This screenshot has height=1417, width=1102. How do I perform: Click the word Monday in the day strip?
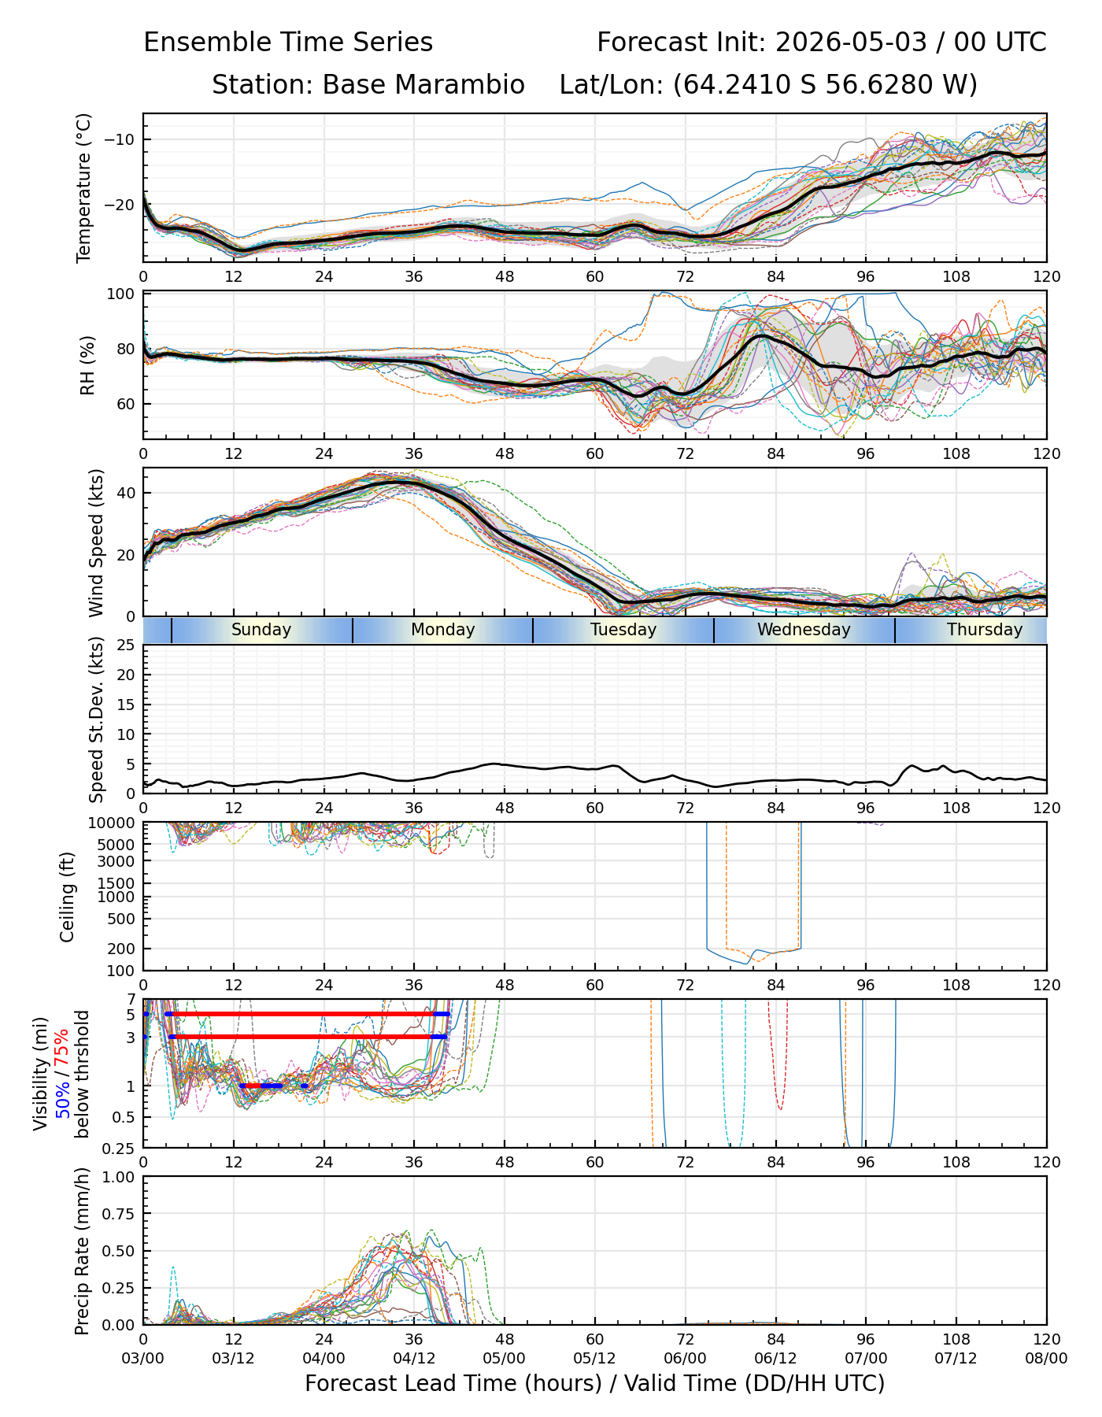pos(443,630)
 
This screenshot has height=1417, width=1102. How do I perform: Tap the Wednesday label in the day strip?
pos(804,630)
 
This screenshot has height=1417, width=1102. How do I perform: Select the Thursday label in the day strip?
pos(985,630)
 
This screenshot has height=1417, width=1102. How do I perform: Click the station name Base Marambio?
pos(423,84)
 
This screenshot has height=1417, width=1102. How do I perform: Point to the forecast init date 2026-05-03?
pos(851,42)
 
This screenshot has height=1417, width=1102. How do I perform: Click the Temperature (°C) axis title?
pos(84,187)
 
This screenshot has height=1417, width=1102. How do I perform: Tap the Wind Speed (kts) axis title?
pos(96,543)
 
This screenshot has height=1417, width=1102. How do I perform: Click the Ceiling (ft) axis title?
pos(68,897)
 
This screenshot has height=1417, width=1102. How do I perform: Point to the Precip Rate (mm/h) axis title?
pos(82,1251)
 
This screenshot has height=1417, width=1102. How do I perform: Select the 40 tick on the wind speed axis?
pos(127,493)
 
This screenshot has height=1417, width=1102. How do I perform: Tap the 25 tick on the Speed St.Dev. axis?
pos(127,646)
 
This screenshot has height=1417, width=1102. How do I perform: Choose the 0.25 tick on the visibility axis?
pos(120,1147)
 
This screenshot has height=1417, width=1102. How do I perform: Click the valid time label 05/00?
pos(505,1358)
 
